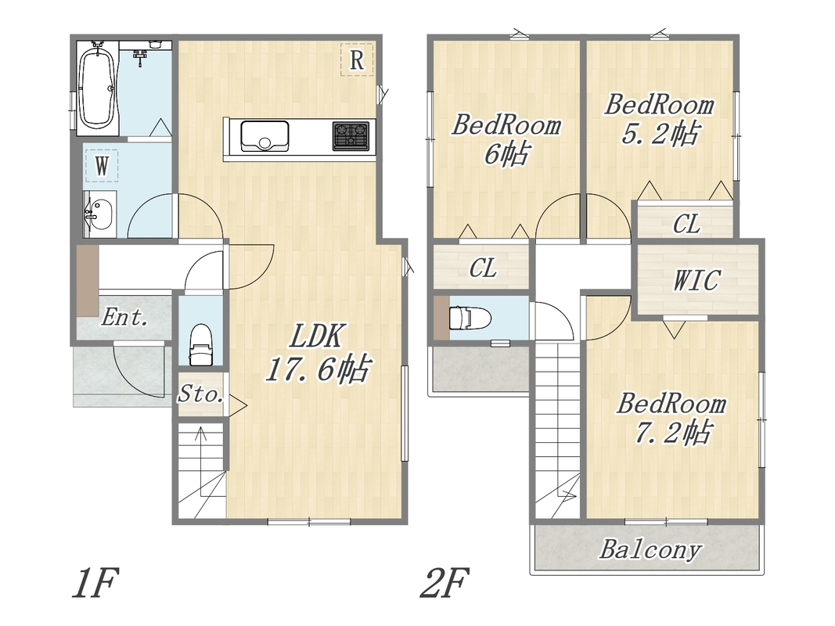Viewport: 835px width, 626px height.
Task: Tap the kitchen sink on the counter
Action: [x=265, y=135]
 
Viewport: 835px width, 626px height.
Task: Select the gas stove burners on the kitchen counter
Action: [x=351, y=135]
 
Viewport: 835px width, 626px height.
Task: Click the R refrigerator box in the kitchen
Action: [x=357, y=59]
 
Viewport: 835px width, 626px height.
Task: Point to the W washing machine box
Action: [x=101, y=166]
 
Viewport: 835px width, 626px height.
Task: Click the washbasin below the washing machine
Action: [x=100, y=214]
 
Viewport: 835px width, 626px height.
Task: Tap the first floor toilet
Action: [x=201, y=344]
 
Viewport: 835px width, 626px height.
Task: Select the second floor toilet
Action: [x=471, y=318]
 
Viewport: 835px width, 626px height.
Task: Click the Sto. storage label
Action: [x=200, y=394]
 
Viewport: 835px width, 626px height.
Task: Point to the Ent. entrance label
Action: [x=124, y=318]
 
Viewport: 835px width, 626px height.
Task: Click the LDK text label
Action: [x=316, y=336]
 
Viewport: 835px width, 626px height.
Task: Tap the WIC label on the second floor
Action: [x=696, y=280]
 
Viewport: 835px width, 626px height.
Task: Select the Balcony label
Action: [x=650, y=549]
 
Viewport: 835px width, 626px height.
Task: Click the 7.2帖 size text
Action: [x=671, y=433]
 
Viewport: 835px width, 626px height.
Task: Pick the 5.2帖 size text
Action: [x=659, y=133]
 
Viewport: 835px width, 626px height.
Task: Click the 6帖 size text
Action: [x=506, y=154]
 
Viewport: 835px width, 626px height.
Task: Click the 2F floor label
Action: [x=445, y=584]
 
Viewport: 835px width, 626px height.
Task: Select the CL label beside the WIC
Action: [x=686, y=224]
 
